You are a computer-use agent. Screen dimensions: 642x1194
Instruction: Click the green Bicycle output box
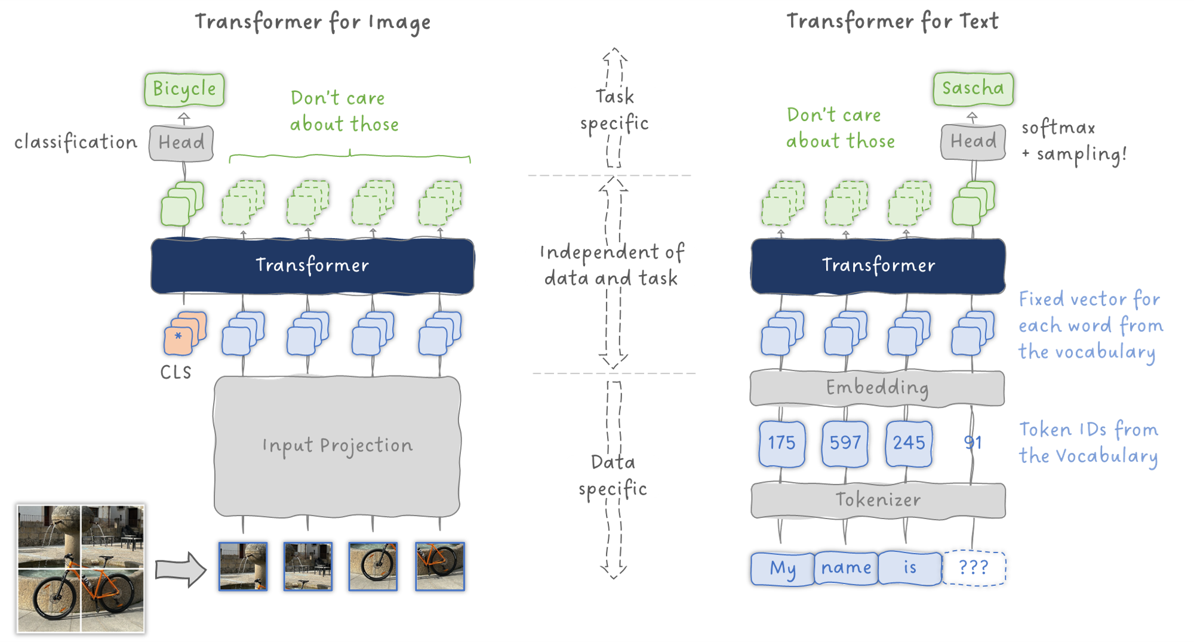(184, 89)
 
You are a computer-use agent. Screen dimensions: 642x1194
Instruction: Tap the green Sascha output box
(973, 89)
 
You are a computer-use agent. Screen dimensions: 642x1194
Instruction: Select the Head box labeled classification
(181, 143)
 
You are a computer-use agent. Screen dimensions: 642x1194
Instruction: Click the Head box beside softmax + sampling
(973, 141)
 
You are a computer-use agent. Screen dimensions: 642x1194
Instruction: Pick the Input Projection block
(337, 446)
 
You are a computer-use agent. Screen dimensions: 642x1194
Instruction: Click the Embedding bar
(877, 388)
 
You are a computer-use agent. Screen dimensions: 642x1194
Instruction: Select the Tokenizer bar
(878, 500)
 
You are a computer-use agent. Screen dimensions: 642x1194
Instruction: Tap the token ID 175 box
(781, 443)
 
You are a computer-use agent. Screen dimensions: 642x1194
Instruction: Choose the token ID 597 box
(845, 443)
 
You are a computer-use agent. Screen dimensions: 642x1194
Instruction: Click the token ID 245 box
(909, 443)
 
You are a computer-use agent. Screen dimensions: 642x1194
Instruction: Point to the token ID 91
(973, 443)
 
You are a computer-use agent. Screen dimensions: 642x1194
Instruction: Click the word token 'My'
(783, 568)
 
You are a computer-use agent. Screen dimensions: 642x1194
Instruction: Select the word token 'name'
(846, 568)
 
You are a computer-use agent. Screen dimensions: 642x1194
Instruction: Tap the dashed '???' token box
(974, 568)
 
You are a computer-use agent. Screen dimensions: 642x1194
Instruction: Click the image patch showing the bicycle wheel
(373, 566)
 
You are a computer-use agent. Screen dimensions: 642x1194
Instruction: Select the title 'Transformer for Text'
(892, 22)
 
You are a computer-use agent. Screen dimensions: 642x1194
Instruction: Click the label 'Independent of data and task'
(612, 265)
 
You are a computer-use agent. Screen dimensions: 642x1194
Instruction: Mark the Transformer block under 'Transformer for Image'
(312, 266)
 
